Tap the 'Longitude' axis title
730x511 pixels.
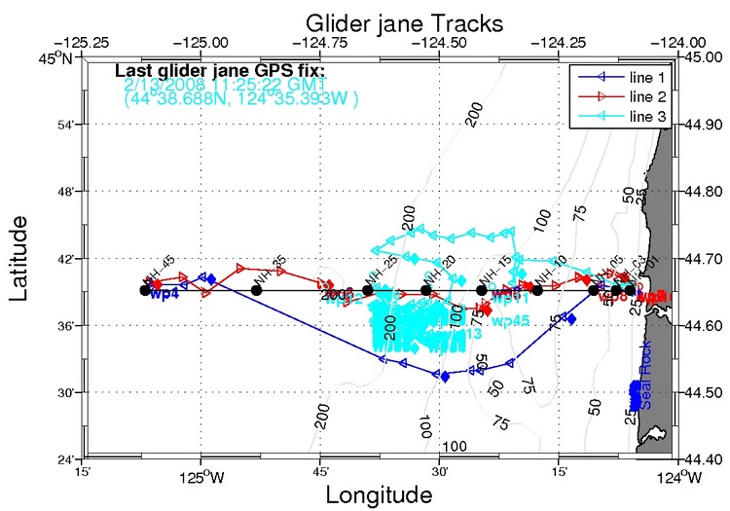379,494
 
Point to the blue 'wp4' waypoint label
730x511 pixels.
164,294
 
